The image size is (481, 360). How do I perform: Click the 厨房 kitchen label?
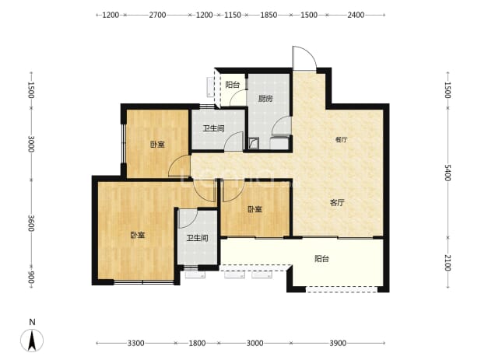coord(265,99)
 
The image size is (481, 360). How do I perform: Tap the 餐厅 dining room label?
coord(341,140)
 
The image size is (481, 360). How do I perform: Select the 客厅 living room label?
coord(337,202)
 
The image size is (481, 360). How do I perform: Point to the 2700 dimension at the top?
coord(157,15)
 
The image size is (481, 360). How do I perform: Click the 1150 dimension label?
coord(233,15)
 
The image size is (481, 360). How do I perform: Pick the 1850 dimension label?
coord(269,15)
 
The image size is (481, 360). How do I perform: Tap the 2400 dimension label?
coord(356,15)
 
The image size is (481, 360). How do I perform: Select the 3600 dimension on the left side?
coord(31,223)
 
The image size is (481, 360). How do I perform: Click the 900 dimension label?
coord(31,278)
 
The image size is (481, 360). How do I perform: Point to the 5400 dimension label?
coord(448,173)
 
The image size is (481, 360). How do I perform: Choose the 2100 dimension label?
coord(448,263)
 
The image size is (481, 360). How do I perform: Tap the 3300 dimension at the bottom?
coord(136,343)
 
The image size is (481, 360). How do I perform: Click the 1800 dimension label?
coord(197,343)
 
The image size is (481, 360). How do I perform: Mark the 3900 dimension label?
coord(338,343)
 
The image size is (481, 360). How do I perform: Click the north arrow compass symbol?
coord(32,341)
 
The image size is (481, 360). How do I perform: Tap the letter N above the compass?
coord(32,322)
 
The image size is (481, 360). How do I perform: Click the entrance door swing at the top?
coord(304,58)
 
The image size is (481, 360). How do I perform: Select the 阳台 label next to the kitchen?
coord(232,85)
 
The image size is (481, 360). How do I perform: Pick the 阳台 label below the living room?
coord(321,259)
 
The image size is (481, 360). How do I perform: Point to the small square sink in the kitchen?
coord(254,143)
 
